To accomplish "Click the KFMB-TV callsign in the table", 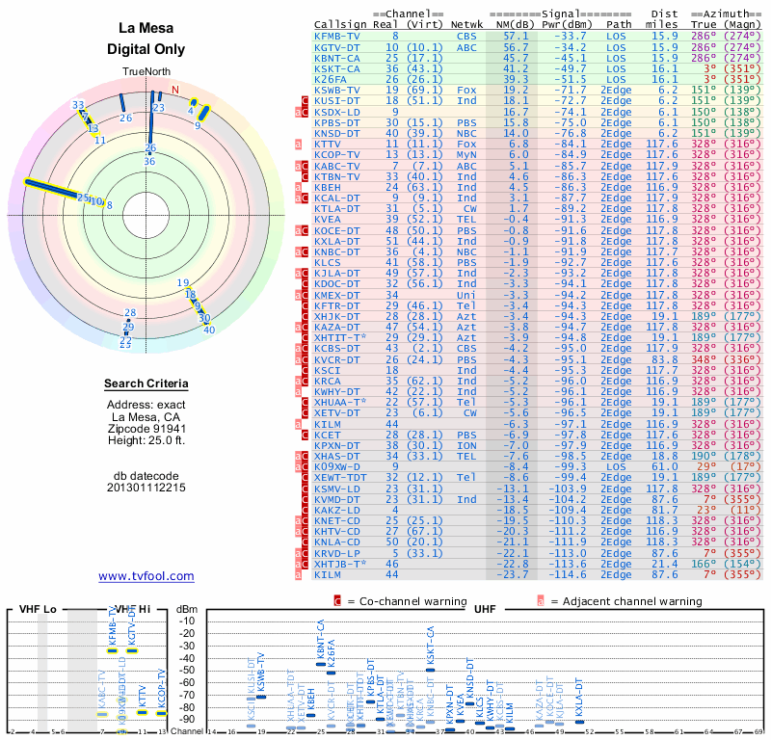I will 337,36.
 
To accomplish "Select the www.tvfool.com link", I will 146,576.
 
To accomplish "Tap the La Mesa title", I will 146,28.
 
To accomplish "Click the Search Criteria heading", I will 146,384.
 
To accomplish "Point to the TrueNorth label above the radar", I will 146,73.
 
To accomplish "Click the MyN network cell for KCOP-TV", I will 466,154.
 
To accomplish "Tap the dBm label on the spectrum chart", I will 186,608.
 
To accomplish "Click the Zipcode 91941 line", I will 146,429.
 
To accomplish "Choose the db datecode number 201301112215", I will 146,487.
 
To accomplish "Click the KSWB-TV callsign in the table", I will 337,90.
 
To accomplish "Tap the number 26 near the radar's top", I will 125,118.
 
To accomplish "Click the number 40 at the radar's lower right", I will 209,330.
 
